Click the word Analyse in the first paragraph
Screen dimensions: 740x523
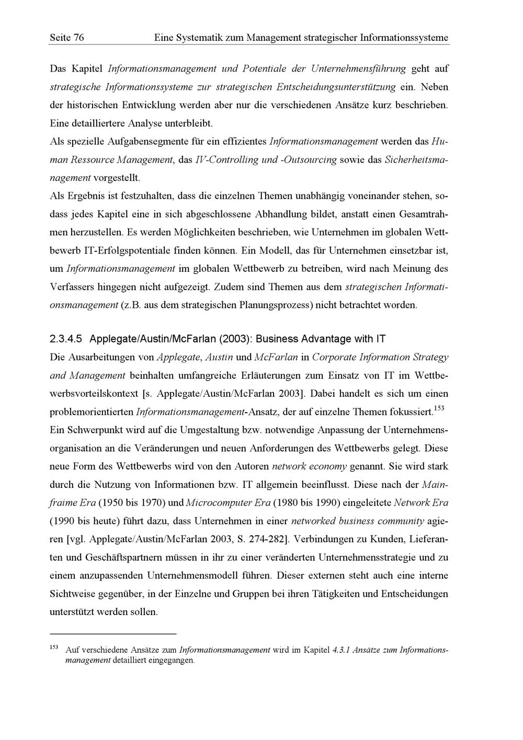tap(142, 123)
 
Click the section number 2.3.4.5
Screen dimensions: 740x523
tap(66, 339)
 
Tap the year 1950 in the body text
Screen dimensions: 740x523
tap(110, 503)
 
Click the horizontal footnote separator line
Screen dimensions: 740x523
tap(113, 634)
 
